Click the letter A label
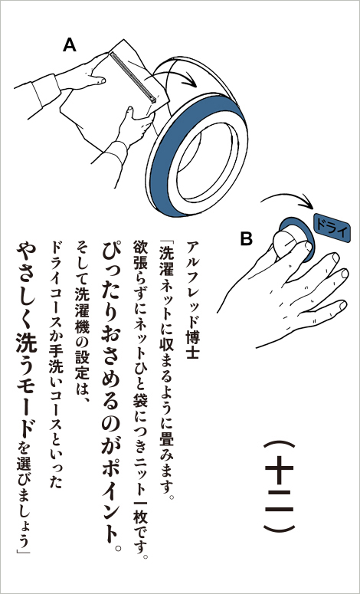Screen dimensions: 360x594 click(69, 45)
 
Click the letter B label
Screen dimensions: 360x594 click(246, 239)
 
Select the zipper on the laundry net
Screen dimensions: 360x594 click(133, 77)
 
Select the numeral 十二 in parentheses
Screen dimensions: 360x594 click(279, 486)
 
